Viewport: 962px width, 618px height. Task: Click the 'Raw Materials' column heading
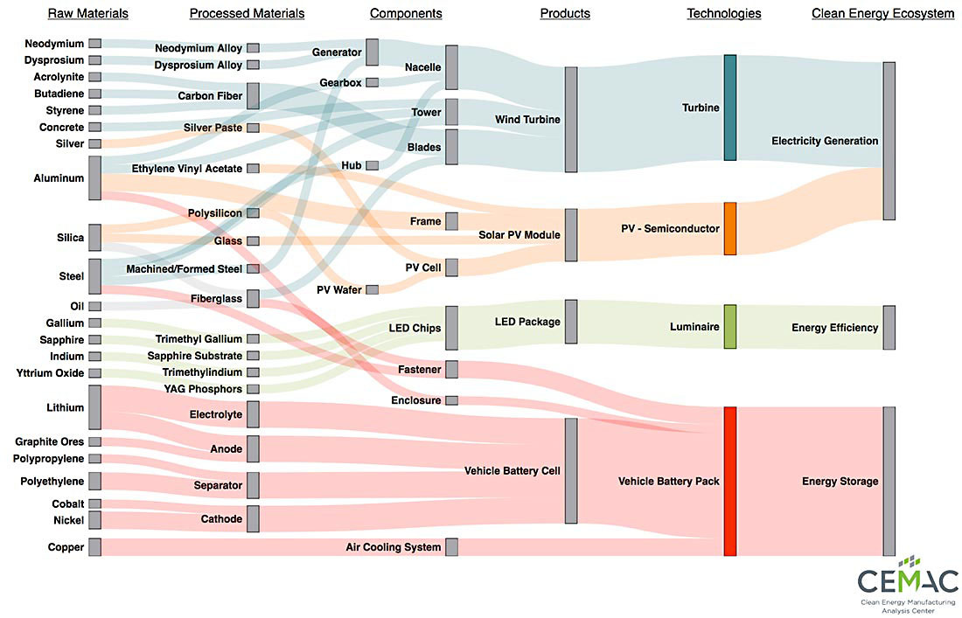coord(87,13)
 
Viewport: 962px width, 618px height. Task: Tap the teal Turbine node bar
coord(730,108)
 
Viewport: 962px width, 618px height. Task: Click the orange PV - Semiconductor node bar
coord(730,228)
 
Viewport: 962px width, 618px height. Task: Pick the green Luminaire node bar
coord(730,327)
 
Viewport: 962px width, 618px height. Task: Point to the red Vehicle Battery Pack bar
coord(730,481)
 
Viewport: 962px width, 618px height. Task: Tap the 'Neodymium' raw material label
coord(54,44)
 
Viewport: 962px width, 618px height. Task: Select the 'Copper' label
coord(66,547)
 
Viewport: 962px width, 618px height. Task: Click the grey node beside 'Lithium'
coord(94,406)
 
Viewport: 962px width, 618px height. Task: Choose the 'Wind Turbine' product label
coord(527,119)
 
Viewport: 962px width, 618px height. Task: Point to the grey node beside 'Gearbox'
coord(373,82)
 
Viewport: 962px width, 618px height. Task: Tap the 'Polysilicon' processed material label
coord(215,213)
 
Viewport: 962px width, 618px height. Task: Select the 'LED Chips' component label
coord(415,328)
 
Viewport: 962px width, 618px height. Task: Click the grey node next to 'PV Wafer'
coord(373,289)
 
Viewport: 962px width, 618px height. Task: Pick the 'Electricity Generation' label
coord(825,141)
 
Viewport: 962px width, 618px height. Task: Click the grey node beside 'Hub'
coord(373,165)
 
